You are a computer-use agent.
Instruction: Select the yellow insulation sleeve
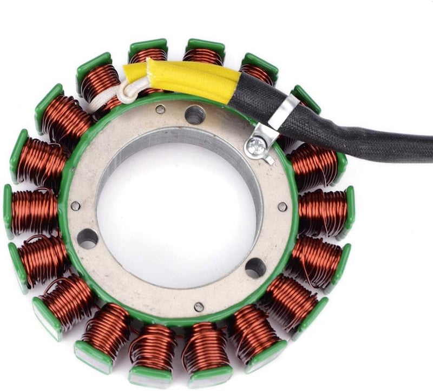(x=184, y=79)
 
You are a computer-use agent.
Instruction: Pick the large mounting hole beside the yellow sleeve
(x=194, y=114)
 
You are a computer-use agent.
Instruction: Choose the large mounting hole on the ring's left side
(x=88, y=238)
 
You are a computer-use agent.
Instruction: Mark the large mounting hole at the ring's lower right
(x=255, y=267)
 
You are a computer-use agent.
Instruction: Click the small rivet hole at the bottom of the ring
(x=199, y=307)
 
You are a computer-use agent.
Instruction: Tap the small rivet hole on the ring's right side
(x=282, y=206)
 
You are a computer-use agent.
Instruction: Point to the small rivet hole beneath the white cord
(x=160, y=109)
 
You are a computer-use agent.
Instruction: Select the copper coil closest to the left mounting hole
(x=41, y=255)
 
